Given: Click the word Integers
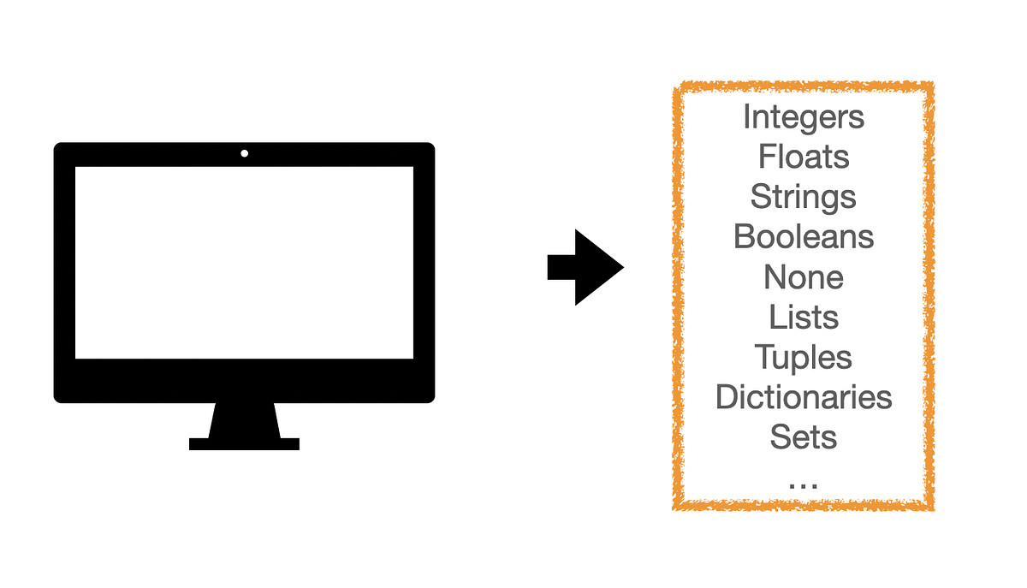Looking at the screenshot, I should click(804, 116).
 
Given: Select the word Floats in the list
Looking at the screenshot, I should click(804, 157).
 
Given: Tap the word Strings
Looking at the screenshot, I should click(804, 197).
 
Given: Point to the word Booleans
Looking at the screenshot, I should click(804, 236).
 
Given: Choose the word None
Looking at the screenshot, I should click(804, 276).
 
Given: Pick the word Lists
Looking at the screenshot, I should click(804, 317).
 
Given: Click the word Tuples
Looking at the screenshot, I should click(804, 357).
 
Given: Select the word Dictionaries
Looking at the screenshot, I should click(804, 397).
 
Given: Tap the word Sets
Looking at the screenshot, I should click(804, 437).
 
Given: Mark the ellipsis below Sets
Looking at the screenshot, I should click(804, 484).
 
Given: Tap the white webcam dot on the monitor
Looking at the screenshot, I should click(245, 153).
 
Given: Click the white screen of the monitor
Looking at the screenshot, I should click(244, 262).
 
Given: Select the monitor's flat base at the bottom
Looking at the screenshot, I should click(244, 443).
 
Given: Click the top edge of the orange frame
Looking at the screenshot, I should click(804, 87).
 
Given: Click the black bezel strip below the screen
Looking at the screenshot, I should click(244, 380).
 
